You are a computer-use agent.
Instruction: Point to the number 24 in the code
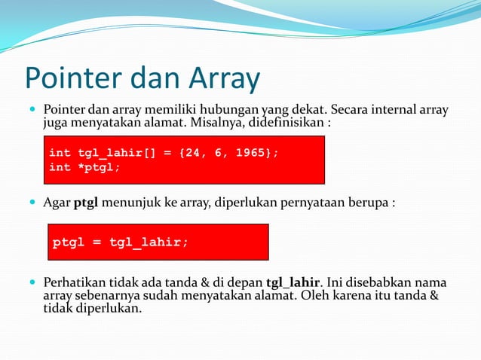(190, 153)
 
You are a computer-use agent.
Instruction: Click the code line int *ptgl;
(84, 167)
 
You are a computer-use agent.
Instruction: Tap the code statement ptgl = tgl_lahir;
(121, 243)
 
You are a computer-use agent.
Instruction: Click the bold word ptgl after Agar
(87, 203)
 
